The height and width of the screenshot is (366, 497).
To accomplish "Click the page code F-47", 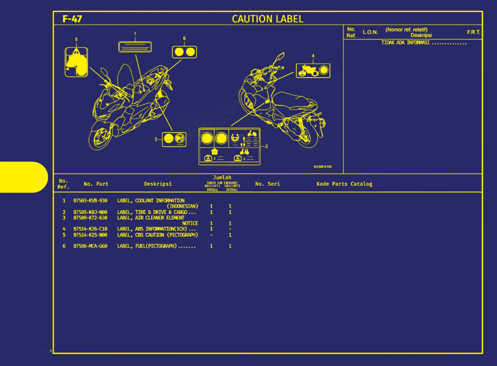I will click(x=72, y=19).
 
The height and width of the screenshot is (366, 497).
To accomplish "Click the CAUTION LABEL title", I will click(x=267, y=19).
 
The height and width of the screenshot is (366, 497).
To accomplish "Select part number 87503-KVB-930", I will click(x=90, y=201).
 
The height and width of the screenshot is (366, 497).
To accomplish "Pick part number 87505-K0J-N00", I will click(x=90, y=212).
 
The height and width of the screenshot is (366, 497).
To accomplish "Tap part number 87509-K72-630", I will click(x=90, y=218).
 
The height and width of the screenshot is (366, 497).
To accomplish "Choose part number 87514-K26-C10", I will click(x=90, y=229).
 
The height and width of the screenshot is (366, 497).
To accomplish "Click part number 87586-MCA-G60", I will click(x=90, y=246).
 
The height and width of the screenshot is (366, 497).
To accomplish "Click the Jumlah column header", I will click(x=222, y=177).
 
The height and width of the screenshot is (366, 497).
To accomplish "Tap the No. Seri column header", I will click(x=267, y=184).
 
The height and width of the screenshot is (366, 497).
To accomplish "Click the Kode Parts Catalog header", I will click(x=344, y=184).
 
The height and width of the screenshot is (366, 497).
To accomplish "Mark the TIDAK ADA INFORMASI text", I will click(x=405, y=43).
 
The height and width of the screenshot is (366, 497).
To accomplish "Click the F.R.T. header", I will click(x=473, y=32).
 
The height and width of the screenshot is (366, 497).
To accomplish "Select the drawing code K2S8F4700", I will click(x=322, y=167).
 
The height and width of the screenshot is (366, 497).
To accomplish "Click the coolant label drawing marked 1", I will click(x=135, y=47).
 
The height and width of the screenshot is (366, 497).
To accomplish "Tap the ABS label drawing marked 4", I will click(x=313, y=71).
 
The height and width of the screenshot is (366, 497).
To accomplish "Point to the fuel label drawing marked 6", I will click(x=184, y=52).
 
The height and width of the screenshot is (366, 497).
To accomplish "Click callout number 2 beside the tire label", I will click(x=266, y=146).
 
